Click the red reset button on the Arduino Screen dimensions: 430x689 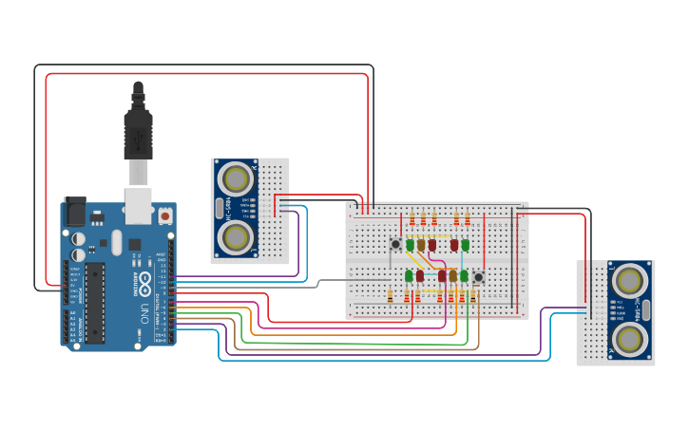165,215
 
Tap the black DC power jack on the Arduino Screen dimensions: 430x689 73,211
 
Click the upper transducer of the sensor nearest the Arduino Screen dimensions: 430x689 235,178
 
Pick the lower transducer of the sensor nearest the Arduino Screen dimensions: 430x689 235,238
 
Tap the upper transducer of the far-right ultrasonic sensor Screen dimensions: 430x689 630,280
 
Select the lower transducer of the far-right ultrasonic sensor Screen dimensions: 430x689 630,340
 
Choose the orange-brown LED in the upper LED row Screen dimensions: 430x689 421,245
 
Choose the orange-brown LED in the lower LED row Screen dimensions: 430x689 453,276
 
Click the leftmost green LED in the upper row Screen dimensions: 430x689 410,245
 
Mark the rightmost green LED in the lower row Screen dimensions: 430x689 464,276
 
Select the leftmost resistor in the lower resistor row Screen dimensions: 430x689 391,296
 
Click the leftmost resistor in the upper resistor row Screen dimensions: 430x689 411,220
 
